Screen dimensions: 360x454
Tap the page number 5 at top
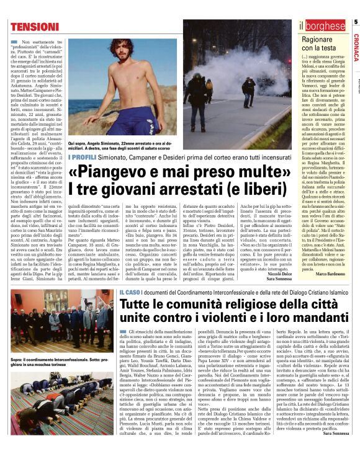click(355, 22)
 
